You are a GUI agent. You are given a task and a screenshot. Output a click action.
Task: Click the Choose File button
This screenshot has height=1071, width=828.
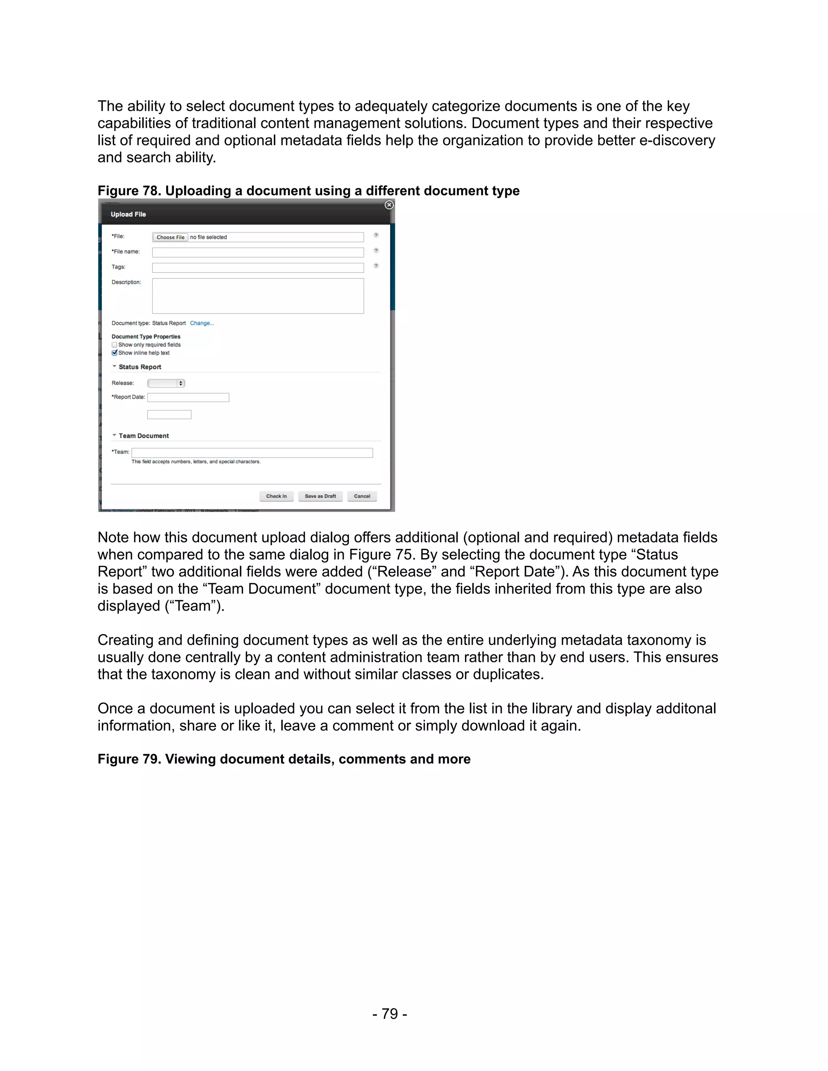[x=170, y=237]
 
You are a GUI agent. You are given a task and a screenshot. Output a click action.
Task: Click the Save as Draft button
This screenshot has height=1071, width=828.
[x=320, y=496]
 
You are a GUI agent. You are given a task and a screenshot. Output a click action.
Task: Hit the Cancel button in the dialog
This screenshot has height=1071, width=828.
[x=362, y=496]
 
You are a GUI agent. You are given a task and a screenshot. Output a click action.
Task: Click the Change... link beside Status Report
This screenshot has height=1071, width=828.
[x=202, y=323]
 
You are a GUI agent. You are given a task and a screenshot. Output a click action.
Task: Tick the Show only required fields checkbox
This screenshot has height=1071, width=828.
[x=114, y=345]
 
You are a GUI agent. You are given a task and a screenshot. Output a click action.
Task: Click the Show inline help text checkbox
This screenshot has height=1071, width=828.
[x=114, y=352]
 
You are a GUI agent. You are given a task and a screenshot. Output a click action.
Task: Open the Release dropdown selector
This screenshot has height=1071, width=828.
[x=166, y=384]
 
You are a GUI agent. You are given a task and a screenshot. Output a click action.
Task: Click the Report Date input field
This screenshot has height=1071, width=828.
[x=188, y=398]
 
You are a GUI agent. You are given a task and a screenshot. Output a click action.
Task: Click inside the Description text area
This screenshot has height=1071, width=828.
[x=258, y=296]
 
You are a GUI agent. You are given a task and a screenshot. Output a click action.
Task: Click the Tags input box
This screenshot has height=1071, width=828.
[x=258, y=268]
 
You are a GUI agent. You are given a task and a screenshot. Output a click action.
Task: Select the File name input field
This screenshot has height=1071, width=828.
[x=258, y=253]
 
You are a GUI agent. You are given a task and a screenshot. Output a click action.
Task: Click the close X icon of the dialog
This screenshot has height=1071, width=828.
[x=389, y=205]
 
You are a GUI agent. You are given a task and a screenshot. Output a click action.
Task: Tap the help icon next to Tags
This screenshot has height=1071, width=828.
[x=376, y=266]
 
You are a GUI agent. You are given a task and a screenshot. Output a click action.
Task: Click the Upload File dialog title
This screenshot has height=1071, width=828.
[x=128, y=214]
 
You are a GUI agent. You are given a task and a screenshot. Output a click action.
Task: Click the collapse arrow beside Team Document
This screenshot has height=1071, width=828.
[x=114, y=435]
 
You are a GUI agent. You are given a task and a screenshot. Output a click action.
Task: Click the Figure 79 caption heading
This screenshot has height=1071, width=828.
[x=283, y=759]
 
